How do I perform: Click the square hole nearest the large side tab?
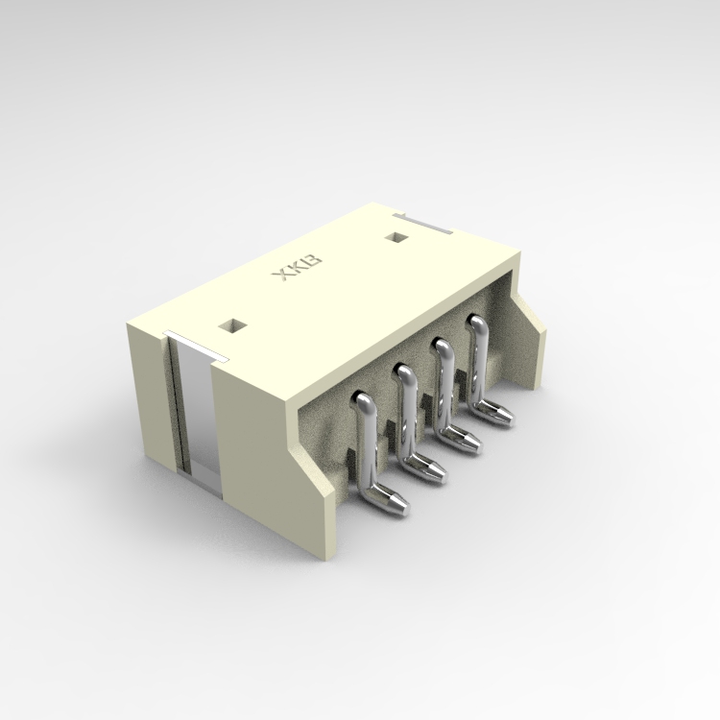tap(231, 324)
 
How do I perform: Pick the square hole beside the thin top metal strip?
tap(396, 236)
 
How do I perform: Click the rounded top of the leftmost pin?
tap(364, 401)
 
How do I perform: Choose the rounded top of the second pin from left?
tap(404, 372)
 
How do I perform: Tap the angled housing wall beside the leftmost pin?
tap(317, 480)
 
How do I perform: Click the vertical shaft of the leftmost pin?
tap(367, 442)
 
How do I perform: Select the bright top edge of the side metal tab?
tap(192, 341)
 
